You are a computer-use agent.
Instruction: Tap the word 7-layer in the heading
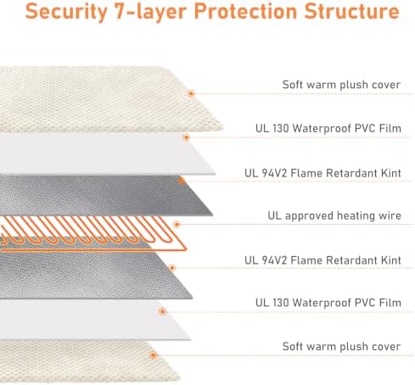click(x=150, y=12)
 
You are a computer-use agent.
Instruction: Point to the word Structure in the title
click(x=352, y=11)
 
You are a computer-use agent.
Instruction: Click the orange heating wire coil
click(x=93, y=234)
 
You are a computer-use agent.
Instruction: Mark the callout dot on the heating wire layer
click(x=177, y=225)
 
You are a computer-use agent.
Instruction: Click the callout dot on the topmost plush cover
click(x=191, y=93)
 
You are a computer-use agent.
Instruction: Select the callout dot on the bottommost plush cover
click(x=154, y=355)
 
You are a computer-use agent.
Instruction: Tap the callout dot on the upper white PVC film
click(x=186, y=137)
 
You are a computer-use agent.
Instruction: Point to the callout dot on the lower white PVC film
click(x=162, y=311)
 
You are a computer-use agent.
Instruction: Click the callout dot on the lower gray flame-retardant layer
click(x=172, y=268)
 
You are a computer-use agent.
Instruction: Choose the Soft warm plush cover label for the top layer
click(x=341, y=85)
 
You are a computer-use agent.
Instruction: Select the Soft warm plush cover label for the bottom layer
click(x=341, y=347)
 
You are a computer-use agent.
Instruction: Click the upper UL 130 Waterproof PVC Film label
click(x=328, y=128)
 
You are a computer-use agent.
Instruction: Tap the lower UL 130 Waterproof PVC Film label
click(x=328, y=303)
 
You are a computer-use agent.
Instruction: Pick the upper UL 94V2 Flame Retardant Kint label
click(x=322, y=173)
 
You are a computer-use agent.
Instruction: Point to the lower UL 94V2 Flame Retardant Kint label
click(x=322, y=260)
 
